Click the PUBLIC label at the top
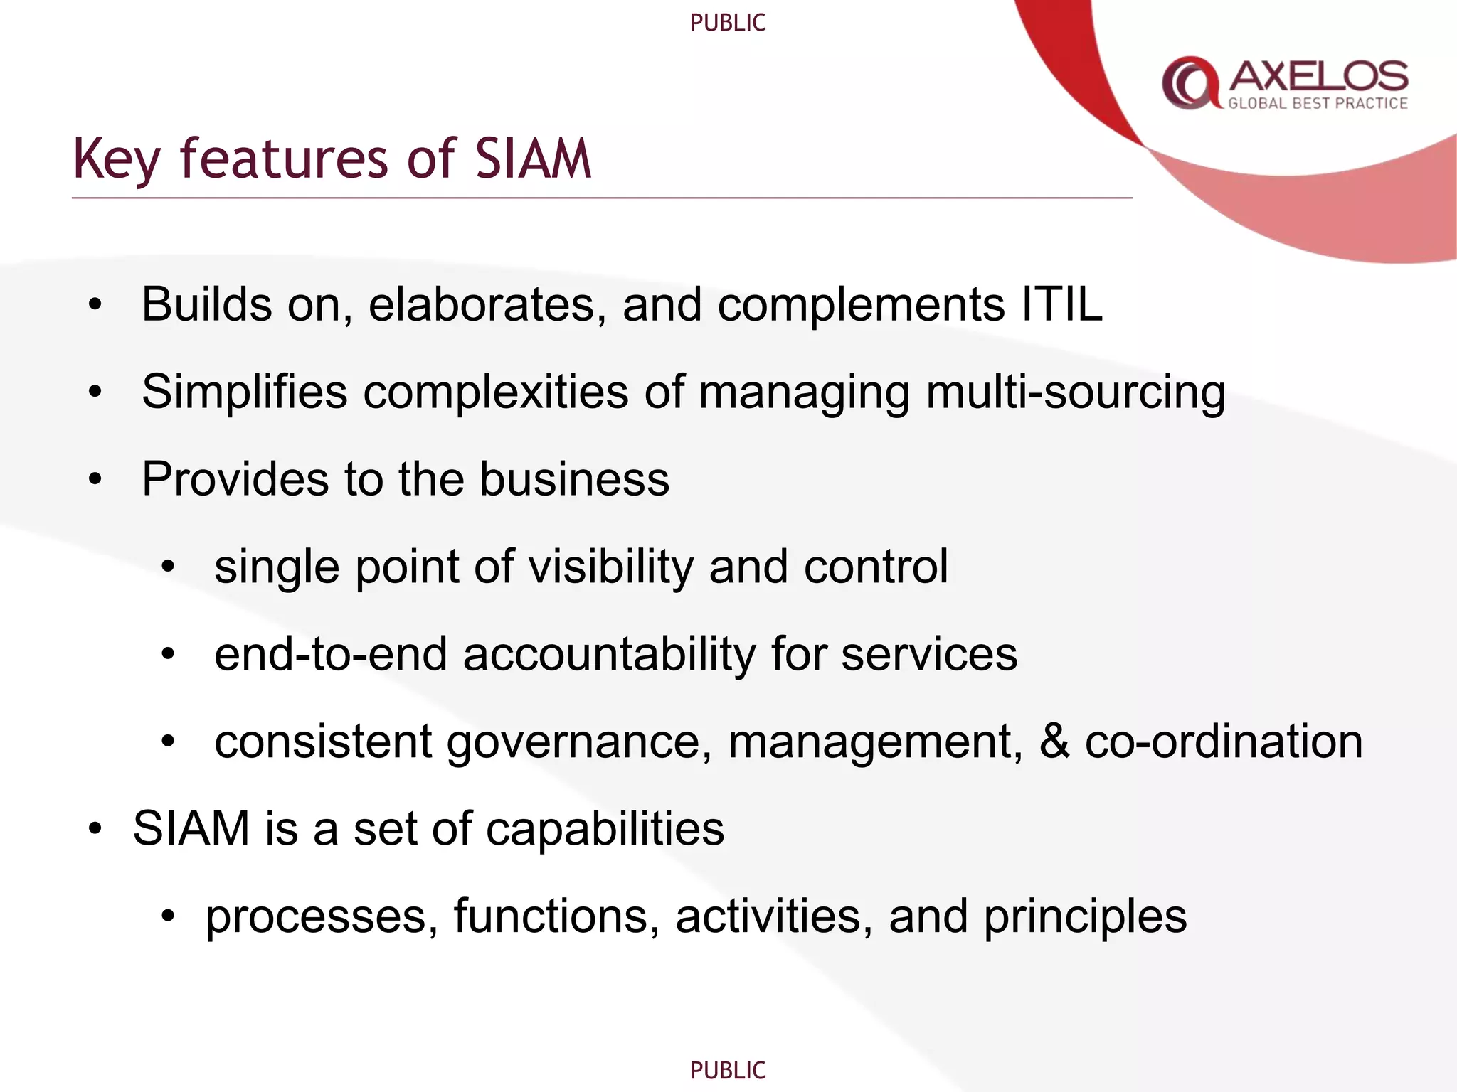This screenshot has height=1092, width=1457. [727, 23]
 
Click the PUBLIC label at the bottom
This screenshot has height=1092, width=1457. [727, 1070]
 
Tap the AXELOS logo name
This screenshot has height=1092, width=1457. [1318, 75]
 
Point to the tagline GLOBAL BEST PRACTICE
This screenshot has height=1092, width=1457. [1318, 104]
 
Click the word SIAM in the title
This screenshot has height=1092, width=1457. [533, 158]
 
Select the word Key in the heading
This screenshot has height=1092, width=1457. [116, 159]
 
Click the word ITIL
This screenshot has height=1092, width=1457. [1061, 304]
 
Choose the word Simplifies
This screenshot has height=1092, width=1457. [244, 392]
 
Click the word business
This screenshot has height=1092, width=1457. [574, 479]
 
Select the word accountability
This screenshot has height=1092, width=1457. [609, 655]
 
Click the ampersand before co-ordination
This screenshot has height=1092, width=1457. [1054, 741]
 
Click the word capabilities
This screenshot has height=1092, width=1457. [605, 830]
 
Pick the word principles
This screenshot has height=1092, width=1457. [1085, 917]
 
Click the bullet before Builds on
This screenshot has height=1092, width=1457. [95, 305]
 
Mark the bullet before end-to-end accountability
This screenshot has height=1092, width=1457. [168, 654]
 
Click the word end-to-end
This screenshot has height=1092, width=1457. [331, 655]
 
